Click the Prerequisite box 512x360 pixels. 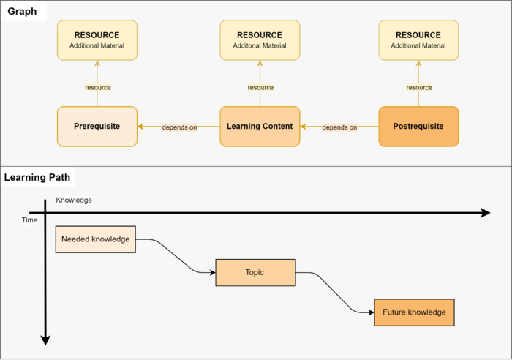97,127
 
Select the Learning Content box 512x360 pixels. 260,127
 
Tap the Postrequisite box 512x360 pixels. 418,127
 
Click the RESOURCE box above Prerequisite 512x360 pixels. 97,40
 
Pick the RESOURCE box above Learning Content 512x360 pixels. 260,40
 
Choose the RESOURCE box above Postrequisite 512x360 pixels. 418,40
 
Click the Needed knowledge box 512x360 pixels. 96,239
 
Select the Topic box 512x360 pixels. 255,272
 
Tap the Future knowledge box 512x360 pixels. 414,312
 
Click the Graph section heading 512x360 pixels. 22,12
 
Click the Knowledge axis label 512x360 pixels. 74,200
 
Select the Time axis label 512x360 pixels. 29,220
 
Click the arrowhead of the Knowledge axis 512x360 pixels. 486,213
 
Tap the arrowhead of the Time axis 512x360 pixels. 45,340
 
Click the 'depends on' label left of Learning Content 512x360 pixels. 179,127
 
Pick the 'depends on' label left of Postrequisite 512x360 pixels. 339,127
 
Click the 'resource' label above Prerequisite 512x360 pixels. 98,88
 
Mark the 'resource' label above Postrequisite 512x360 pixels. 419,88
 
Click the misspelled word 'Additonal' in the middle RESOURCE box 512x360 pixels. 241,46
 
